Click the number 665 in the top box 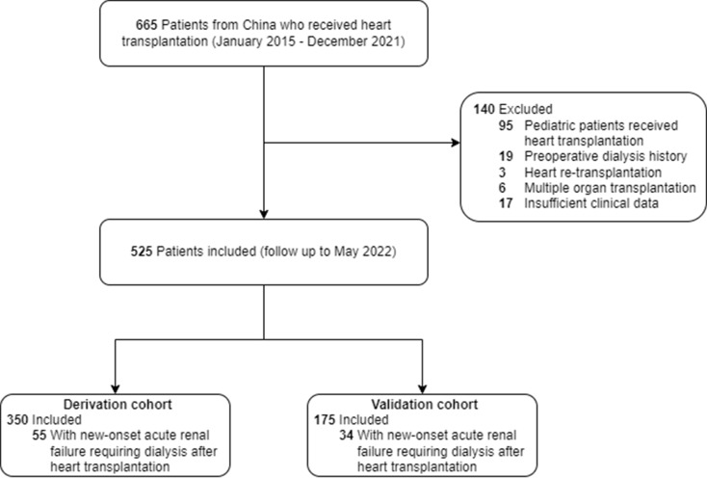(x=146, y=25)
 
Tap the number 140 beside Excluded (x=484, y=109)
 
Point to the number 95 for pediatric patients (x=506, y=125)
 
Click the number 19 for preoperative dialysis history (x=506, y=156)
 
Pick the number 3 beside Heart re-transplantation (x=502, y=173)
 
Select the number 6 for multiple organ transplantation (x=502, y=188)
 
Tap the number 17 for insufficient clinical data (x=506, y=203)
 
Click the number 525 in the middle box (x=142, y=252)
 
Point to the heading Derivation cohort (x=118, y=405)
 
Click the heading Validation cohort (x=425, y=405)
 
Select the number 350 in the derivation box (x=17, y=420)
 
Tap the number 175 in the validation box (x=325, y=420)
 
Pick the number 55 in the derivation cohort (x=39, y=436)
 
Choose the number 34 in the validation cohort (x=347, y=436)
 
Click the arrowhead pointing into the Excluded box (x=456, y=143)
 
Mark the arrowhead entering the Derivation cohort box (x=116, y=389)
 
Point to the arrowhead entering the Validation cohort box (x=423, y=389)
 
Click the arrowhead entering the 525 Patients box (x=264, y=214)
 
